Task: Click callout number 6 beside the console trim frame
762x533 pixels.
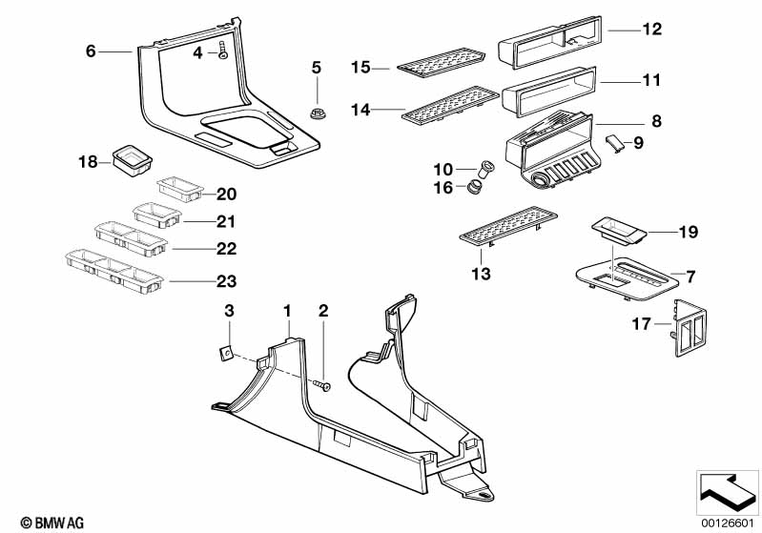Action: click(x=91, y=51)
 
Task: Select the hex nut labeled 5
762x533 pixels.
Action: click(x=317, y=113)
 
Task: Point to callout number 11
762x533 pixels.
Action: click(x=650, y=81)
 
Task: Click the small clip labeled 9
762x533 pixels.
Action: click(x=615, y=143)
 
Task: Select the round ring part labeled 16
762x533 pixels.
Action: click(x=474, y=185)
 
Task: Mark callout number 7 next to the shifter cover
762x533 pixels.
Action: click(x=691, y=277)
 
